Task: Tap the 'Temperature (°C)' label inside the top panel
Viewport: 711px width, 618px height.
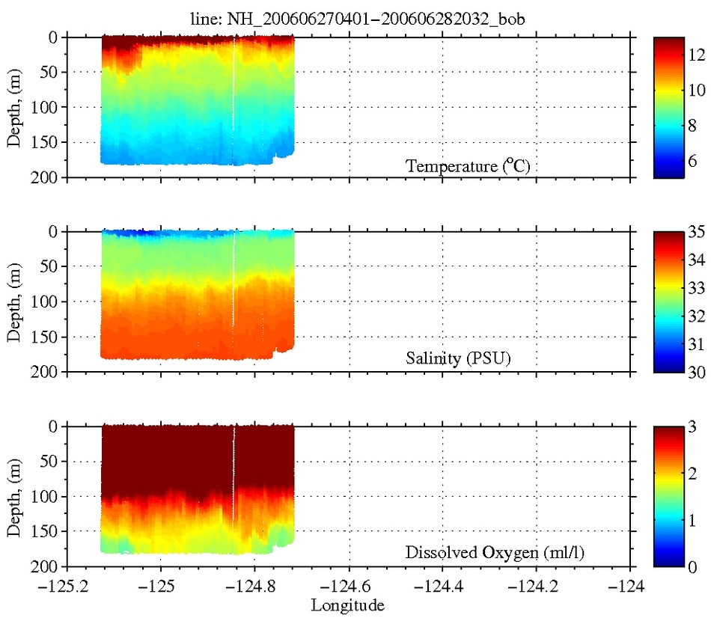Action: pos(468,166)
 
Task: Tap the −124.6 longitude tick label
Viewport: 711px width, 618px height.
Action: pos(349,587)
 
